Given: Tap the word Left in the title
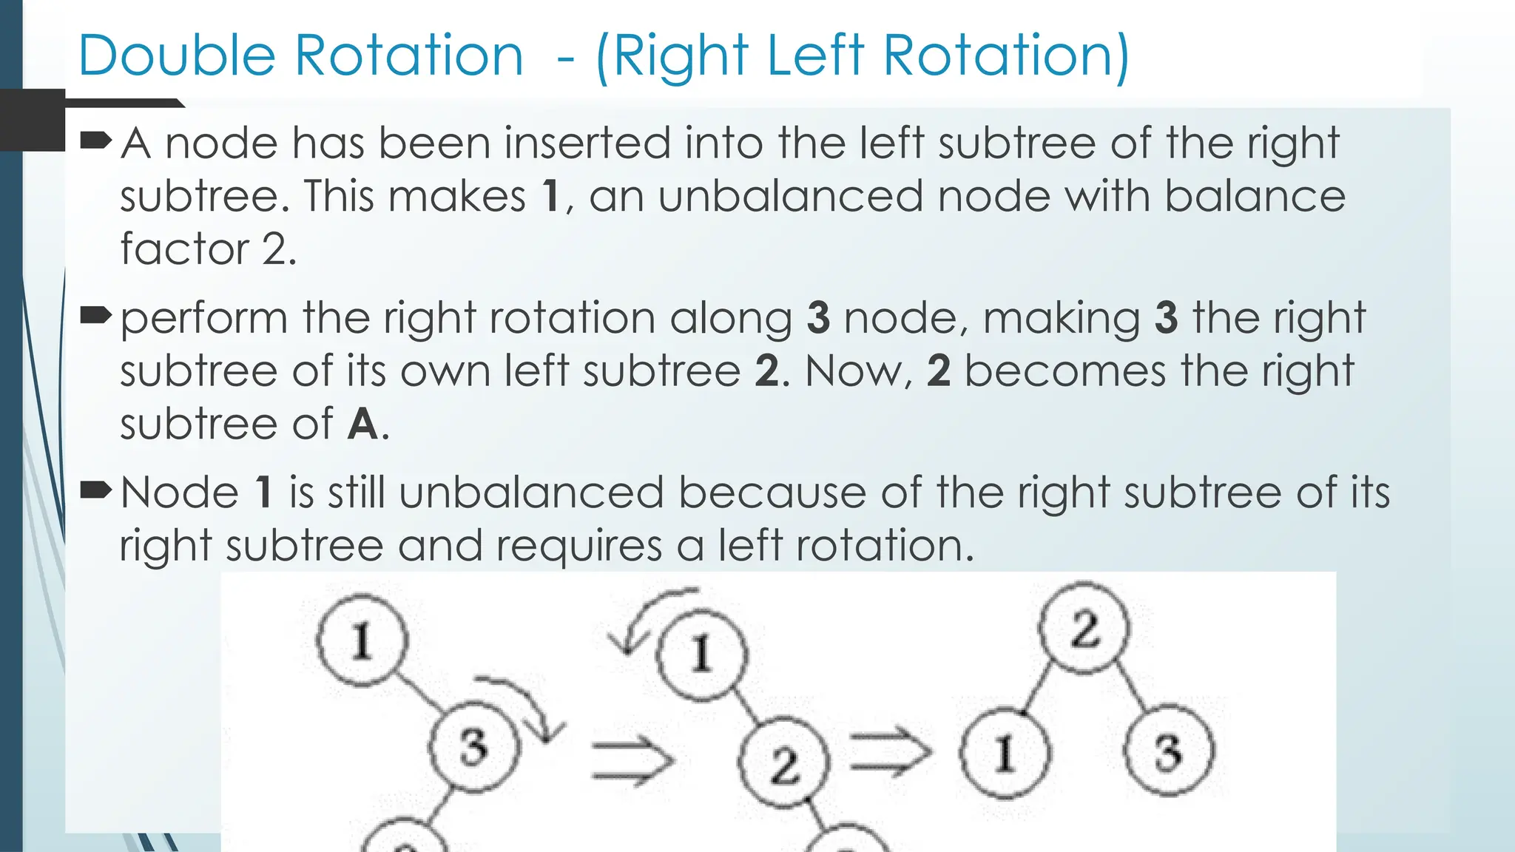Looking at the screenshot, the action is click(814, 56).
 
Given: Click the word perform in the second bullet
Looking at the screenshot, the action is click(203, 319).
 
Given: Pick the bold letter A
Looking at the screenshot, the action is click(362, 425).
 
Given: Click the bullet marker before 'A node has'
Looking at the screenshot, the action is click(95, 139).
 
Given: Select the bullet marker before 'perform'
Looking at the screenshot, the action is click(95, 316).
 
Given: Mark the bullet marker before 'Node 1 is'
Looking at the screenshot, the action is click(95, 490).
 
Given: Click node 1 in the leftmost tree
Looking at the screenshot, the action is click(362, 640).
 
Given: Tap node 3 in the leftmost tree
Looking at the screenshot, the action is click(474, 746).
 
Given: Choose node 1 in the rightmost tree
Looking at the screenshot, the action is click(1005, 753).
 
